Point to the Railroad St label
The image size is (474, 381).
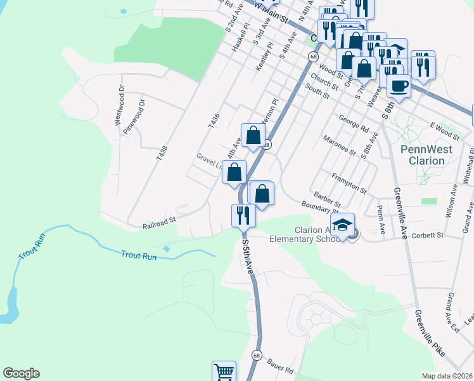[x=158, y=225]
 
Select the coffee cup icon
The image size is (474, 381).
[x=399, y=85]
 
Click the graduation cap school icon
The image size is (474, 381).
[x=342, y=225]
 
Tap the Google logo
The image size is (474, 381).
[x=21, y=373]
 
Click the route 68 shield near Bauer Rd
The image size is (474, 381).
[x=256, y=355]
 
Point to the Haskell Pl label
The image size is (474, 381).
[x=241, y=43]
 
